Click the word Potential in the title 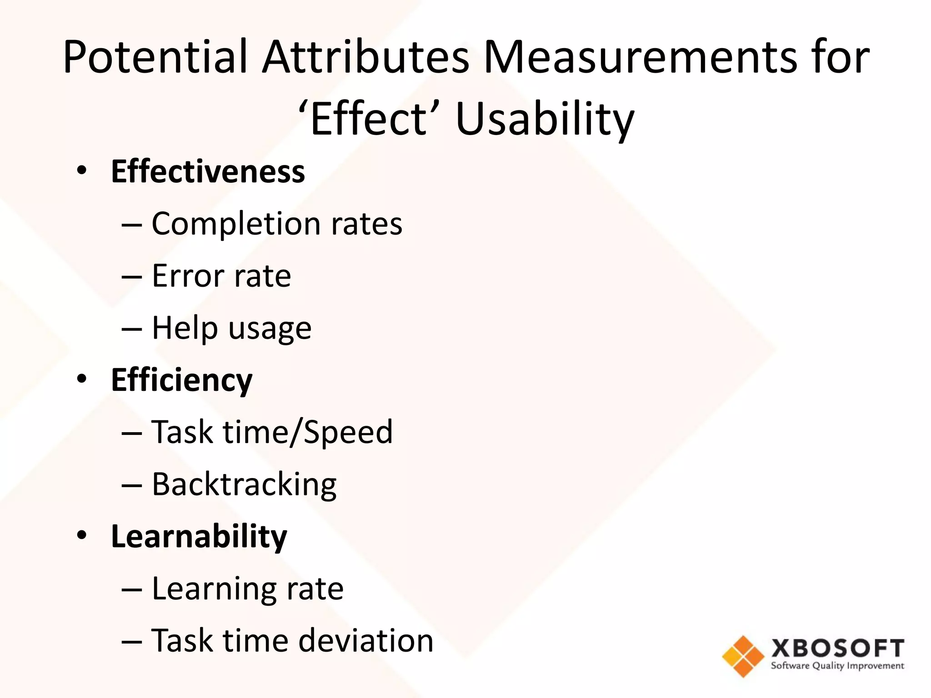(155, 57)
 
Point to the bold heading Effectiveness (208, 172)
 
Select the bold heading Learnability (199, 536)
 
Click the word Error (188, 276)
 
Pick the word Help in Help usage (185, 329)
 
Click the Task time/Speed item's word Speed (348, 432)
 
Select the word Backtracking (244, 485)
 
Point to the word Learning (214, 589)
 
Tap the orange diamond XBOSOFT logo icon (743, 656)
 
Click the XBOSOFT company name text (837, 648)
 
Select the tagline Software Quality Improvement (837, 666)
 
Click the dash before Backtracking (132, 485)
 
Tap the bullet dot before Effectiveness (81, 171)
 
